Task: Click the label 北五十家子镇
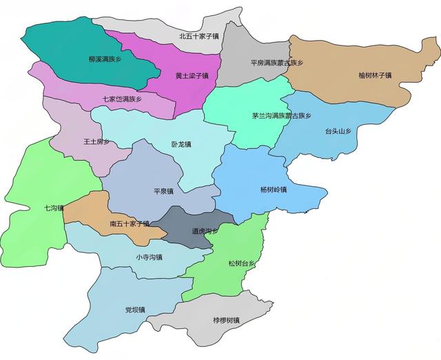tap(198, 36)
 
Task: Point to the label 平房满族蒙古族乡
tap(276, 63)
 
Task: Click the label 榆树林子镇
tap(375, 74)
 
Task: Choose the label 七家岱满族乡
tap(122, 99)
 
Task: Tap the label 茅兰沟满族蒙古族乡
tap(282, 116)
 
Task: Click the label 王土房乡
tap(96, 142)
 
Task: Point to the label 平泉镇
tap(164, 191)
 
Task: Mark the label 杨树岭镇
tap(274, 190)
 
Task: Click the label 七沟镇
tap(54, 208)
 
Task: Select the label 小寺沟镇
tap(149, 257)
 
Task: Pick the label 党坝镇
tap(135, 310)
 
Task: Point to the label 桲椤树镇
tap(227, 321)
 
